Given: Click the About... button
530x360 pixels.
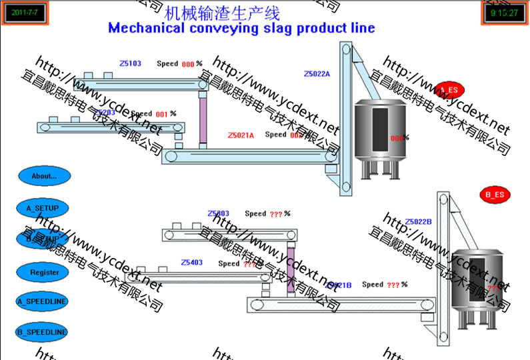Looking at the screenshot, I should [x=44, y=176].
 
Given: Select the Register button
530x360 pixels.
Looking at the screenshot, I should [x=44, y=272].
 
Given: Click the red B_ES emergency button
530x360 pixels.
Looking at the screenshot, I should [x=494, y=195].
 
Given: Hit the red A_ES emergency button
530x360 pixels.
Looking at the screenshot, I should [x=449, y=89].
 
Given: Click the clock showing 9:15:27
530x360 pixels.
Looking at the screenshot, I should [x=503, y=13].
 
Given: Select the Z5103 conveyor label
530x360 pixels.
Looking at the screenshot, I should [x=130, y=64].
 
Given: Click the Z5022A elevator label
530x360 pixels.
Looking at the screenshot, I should [x=317, y=74].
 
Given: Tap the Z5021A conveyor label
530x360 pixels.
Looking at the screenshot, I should [x=241, y=135].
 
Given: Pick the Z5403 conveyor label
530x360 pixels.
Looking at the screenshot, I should [x=191, y=263].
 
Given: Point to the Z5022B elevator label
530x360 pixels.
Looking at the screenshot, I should [x=419, y=221].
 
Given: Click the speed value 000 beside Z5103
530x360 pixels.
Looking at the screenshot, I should [x=187, y=65].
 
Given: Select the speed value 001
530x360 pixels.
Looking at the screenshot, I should [x=161, y=115].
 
